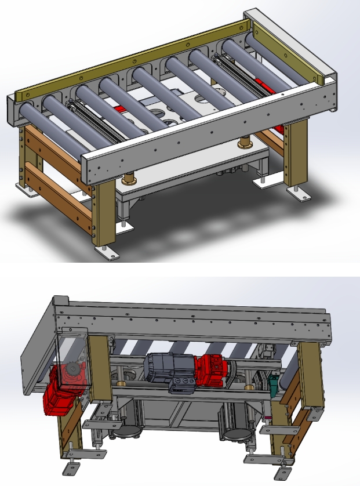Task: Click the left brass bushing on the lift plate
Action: click(x=128, y=177)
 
